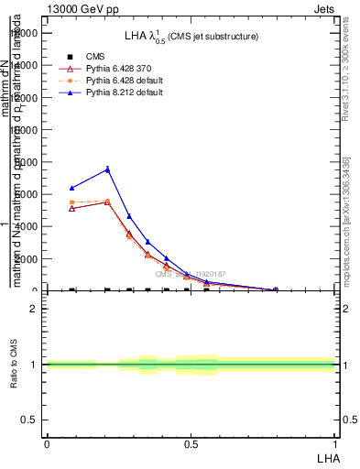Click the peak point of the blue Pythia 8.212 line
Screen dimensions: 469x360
coord(107,169)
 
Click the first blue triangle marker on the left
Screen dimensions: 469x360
coord(72,188)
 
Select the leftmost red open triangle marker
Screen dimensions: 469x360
coord(72,208)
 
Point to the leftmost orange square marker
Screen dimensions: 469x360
coord(72,202)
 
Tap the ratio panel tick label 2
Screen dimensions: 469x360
coord(34,309)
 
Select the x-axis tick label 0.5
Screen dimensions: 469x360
coord(191,443)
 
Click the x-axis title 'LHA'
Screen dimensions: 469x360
coord(327,456)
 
